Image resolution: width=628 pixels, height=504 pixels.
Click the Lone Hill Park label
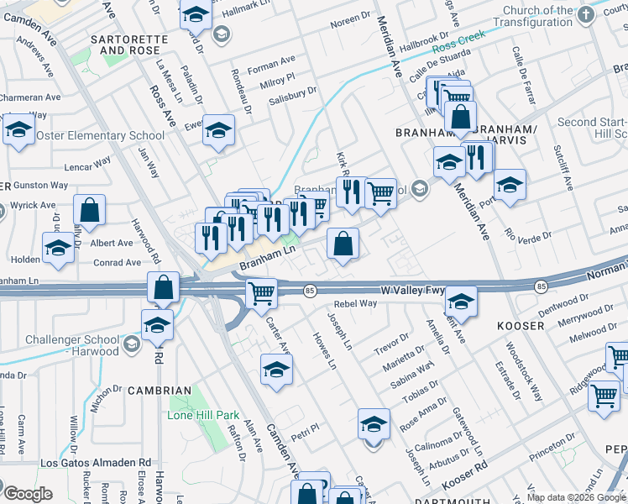203,415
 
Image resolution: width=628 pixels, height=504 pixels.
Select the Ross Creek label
459,50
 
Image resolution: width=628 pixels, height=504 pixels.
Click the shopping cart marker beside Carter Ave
261,293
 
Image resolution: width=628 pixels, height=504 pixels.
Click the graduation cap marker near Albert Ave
58,249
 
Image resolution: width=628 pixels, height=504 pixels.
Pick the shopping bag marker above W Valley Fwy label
343,244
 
